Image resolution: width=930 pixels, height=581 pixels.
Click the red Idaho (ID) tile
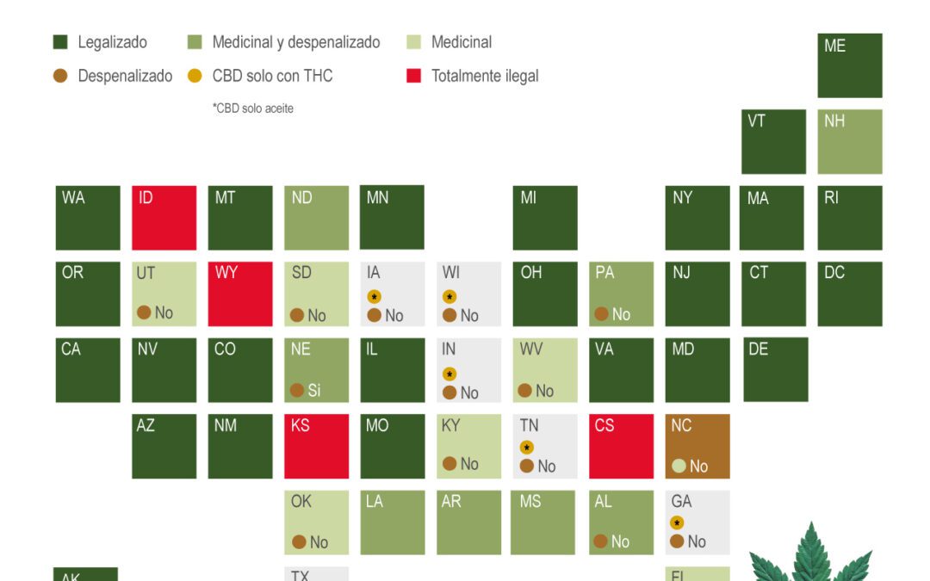click(164, 218)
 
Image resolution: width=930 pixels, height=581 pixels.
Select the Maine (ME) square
click(849, 65)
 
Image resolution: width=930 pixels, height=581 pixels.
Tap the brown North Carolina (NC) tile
click(697, 446)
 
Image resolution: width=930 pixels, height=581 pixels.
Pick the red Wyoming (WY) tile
click(240, 294)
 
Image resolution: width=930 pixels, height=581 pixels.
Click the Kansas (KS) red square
click(316, 446)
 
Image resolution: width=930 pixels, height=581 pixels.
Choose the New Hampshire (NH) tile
click(849, 142)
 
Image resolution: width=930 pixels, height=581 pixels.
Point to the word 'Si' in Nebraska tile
click(314, 391)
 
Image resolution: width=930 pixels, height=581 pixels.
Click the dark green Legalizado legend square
click(60, 42)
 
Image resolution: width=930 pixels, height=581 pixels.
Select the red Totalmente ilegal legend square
click(413, 76)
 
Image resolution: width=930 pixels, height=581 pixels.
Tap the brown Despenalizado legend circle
click(60, 76)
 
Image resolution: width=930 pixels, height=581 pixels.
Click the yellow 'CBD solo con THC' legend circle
click(195, 76)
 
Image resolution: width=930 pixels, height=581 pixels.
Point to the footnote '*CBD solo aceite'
click(253, 108)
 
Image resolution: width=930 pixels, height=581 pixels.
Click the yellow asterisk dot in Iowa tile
click(374, 297)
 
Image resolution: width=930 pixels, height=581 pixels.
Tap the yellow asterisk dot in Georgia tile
click(678, 523)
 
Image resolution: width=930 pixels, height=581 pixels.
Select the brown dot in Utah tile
click(144, 312)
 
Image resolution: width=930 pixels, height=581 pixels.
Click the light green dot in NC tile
click(679, 467)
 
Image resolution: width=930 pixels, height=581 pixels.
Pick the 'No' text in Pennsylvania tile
click(621, 315)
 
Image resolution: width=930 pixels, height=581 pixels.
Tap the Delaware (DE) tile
click(775, 369)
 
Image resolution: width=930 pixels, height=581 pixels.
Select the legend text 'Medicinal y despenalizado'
click(295, 42)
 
